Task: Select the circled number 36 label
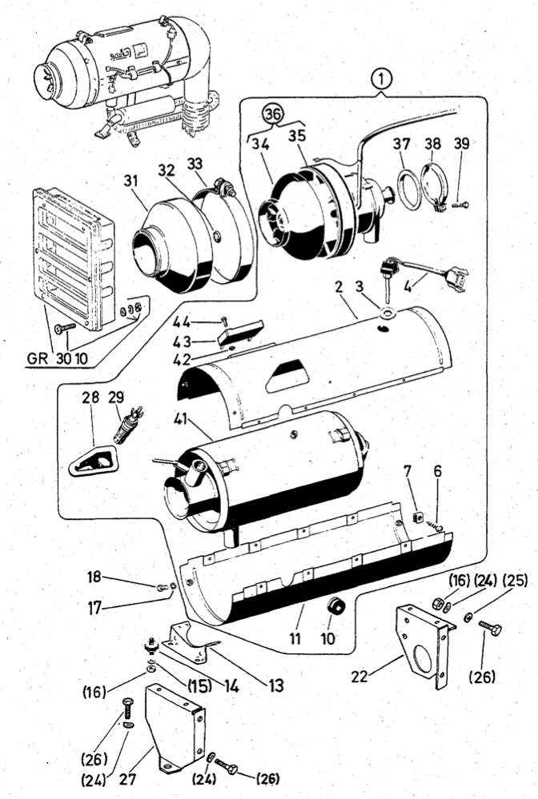point(274,114)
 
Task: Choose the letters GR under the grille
point(37,358)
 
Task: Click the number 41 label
point(180,418)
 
